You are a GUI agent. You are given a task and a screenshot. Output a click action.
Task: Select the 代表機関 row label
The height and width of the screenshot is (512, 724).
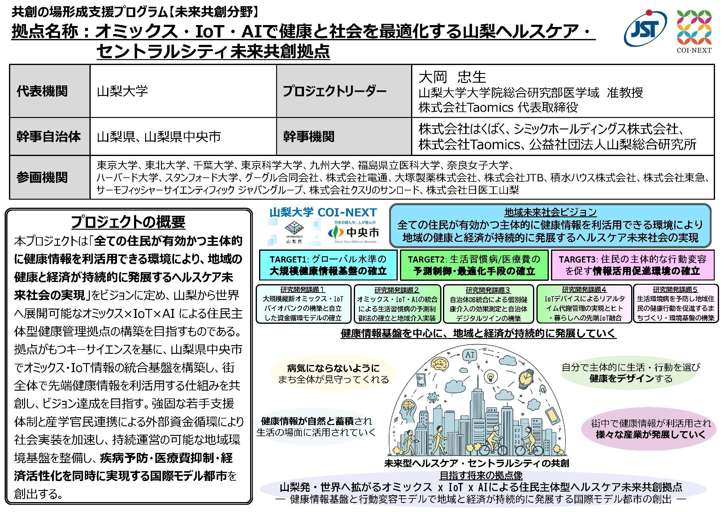pos(42,91)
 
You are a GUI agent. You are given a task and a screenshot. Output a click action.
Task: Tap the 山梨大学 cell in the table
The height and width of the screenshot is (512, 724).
pos(123,91)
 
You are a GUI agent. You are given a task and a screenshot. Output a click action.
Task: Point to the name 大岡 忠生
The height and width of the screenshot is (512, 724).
pos(452,76)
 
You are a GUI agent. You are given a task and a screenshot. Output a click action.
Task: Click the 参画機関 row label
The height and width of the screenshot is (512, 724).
pos(42,177)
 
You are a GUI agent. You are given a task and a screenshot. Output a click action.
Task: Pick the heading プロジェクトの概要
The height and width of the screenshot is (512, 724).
pos(128,222)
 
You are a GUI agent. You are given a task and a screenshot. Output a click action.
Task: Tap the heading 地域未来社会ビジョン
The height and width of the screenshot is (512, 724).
pos(550,212)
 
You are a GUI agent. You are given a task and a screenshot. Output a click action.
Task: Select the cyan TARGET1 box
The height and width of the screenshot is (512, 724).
pos(328,265)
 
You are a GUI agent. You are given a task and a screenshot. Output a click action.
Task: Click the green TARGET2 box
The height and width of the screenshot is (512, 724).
pos(474,265)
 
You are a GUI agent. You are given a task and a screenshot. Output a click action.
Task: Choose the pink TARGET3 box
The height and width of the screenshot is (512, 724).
pos(632,265)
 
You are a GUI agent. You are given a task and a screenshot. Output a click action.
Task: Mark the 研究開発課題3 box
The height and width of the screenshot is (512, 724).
pos(488,304)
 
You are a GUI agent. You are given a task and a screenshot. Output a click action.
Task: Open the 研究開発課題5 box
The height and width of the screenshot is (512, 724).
pos(675,304)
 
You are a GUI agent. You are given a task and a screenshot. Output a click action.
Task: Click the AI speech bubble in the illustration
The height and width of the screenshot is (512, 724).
pos(470,355)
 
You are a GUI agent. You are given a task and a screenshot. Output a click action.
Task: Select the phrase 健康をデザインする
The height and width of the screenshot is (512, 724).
pos(631,378)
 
